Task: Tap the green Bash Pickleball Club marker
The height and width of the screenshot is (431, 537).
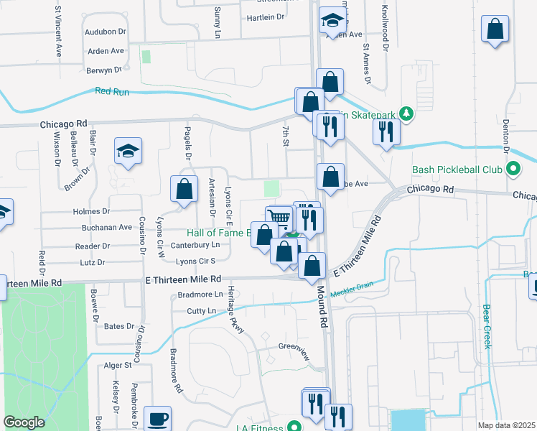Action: coord(513,170)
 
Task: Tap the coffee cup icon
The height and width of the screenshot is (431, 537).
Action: coord(157,418)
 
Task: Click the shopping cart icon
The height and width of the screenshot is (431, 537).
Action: coord(279,218)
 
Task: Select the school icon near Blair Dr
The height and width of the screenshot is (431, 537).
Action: coord(128,151)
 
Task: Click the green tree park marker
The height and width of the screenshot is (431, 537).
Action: coord(406,113)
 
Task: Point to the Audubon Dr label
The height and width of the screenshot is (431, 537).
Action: coord(105,32)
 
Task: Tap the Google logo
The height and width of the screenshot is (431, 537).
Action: coord(24,422)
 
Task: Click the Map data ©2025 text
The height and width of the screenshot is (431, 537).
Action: coord(506,425)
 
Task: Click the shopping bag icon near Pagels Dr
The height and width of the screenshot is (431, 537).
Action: coord(185,189)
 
